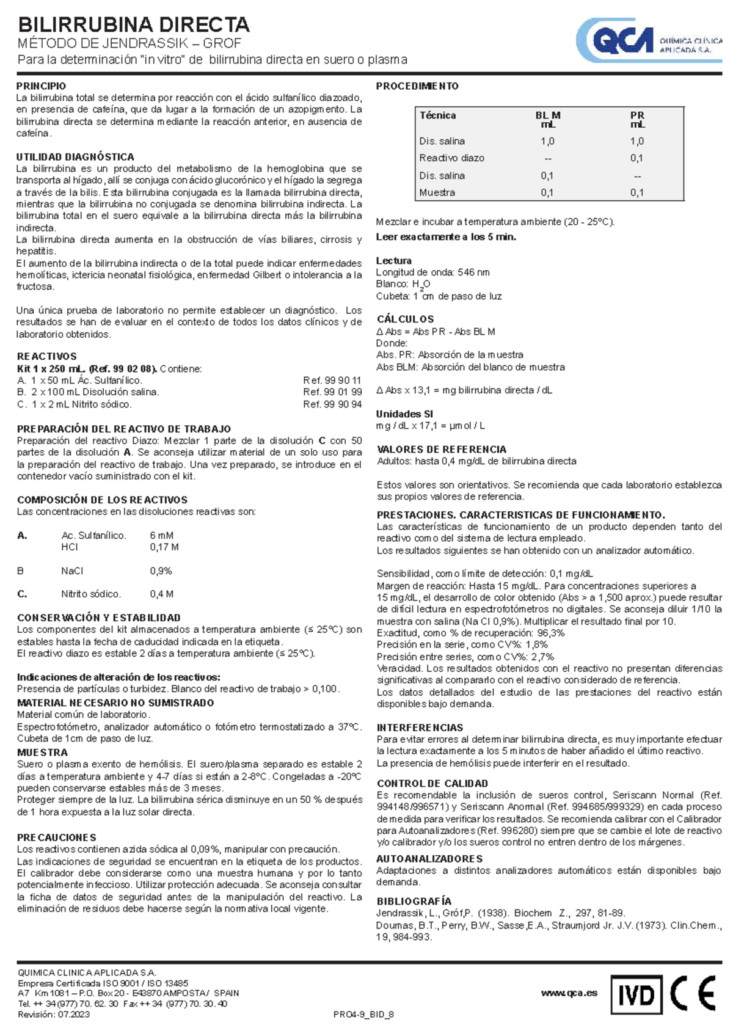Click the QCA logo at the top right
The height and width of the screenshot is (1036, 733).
point(649,40)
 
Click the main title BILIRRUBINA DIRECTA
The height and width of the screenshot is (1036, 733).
point(134,24)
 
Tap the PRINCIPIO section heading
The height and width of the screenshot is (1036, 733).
point(41,86)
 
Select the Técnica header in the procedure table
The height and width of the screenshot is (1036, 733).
point(437,115)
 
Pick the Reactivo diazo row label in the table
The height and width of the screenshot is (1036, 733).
point(451,158)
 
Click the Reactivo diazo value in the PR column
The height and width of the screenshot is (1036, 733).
point(636,158)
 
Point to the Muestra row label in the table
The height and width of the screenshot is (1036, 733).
point(437,192)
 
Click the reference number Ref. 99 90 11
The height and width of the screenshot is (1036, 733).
point(332,380)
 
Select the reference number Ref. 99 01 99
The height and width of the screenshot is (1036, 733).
point(332,392)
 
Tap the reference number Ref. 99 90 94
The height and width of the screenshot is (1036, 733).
point(332,404)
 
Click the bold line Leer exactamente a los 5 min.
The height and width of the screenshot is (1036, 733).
point(446,237)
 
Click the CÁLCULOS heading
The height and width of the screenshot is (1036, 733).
point(405,319)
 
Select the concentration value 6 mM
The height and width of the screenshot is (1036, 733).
point(161,536)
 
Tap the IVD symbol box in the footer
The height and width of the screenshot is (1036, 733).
point(636,996)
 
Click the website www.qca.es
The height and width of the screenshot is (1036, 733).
point(569,993)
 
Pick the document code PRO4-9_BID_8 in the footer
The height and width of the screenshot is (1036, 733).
point(363,1015)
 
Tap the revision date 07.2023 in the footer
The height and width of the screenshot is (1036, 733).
point(73,1015)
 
